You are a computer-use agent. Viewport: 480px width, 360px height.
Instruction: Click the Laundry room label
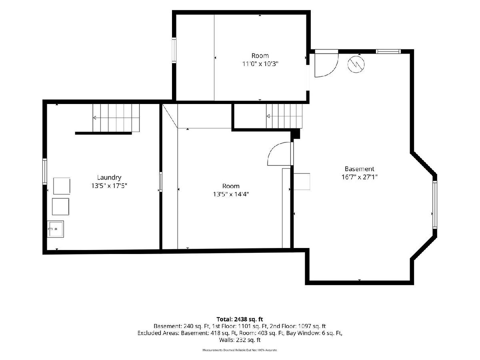(x=109, y=178)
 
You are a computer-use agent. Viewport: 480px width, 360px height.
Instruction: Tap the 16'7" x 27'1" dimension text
(x=359, y=177)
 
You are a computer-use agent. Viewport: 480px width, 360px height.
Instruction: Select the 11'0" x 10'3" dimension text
(x=260, y=64)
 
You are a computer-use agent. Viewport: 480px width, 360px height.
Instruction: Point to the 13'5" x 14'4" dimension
(x=231, y=194)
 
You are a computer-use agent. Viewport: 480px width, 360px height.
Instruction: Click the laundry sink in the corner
(x=56, y=229)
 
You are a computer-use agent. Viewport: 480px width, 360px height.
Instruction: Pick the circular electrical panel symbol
(x=356, y=64)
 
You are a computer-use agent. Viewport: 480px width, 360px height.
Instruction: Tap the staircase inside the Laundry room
(x=116, y=118)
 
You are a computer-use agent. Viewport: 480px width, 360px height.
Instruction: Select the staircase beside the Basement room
(x=284, y=116)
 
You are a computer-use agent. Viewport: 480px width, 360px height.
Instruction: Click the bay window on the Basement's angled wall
(x=434, y=204)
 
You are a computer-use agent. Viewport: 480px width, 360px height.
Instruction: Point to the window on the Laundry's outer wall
(x=45, y=172)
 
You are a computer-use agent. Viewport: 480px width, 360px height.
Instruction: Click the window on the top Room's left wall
(x=174, y=50)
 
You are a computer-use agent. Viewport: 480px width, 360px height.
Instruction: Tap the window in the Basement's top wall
(x=388, y=52)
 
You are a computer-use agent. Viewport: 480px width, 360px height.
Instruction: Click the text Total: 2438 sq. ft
(x=240, y=319)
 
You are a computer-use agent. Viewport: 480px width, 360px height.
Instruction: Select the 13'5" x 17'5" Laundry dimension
(x=109, y=186)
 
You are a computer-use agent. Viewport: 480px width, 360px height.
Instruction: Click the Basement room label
(x=359, y=169)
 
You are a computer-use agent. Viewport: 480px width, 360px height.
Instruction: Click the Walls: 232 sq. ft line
(x=240, y=340)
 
